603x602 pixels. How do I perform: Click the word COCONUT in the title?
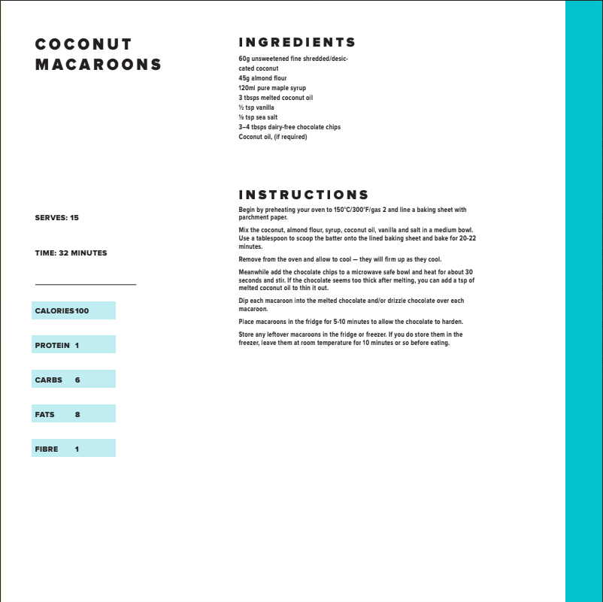point(83,44)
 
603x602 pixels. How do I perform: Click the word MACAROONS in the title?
point(98,65)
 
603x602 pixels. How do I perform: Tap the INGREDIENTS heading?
point(297,42)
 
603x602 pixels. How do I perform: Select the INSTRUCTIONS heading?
point(304,195)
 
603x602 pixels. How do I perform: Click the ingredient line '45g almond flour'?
point(262,78)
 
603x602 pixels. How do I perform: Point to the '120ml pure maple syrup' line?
point(272,88)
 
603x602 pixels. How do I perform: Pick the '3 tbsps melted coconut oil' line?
point(275,98)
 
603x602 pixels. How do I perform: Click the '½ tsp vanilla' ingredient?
point(256,107)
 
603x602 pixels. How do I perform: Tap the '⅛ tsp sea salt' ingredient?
point(258,117)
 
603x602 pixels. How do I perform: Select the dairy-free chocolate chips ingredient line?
point(289,127)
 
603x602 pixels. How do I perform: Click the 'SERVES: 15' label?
point(56,218)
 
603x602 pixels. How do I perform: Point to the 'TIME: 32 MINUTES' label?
point(71,253)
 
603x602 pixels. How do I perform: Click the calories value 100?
point(82,311)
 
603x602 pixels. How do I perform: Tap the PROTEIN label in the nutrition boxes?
point(52,346)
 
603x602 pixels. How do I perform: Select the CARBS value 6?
point(77,380)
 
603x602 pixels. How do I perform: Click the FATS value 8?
point(77,415)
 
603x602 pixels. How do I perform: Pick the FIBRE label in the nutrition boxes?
point(47,449)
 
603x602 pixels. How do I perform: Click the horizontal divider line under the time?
point(85,285)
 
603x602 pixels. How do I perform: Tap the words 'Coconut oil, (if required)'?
point(273,137)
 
